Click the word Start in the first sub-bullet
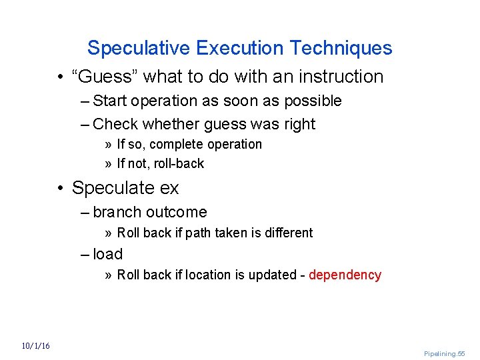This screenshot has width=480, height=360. tap(108, 101)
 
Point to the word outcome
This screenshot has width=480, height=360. tap(177, 212)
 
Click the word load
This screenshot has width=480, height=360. tap(108, 254)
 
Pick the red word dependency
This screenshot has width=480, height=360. tap(345, 275)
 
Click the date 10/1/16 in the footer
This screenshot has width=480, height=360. tap(35, 346)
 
